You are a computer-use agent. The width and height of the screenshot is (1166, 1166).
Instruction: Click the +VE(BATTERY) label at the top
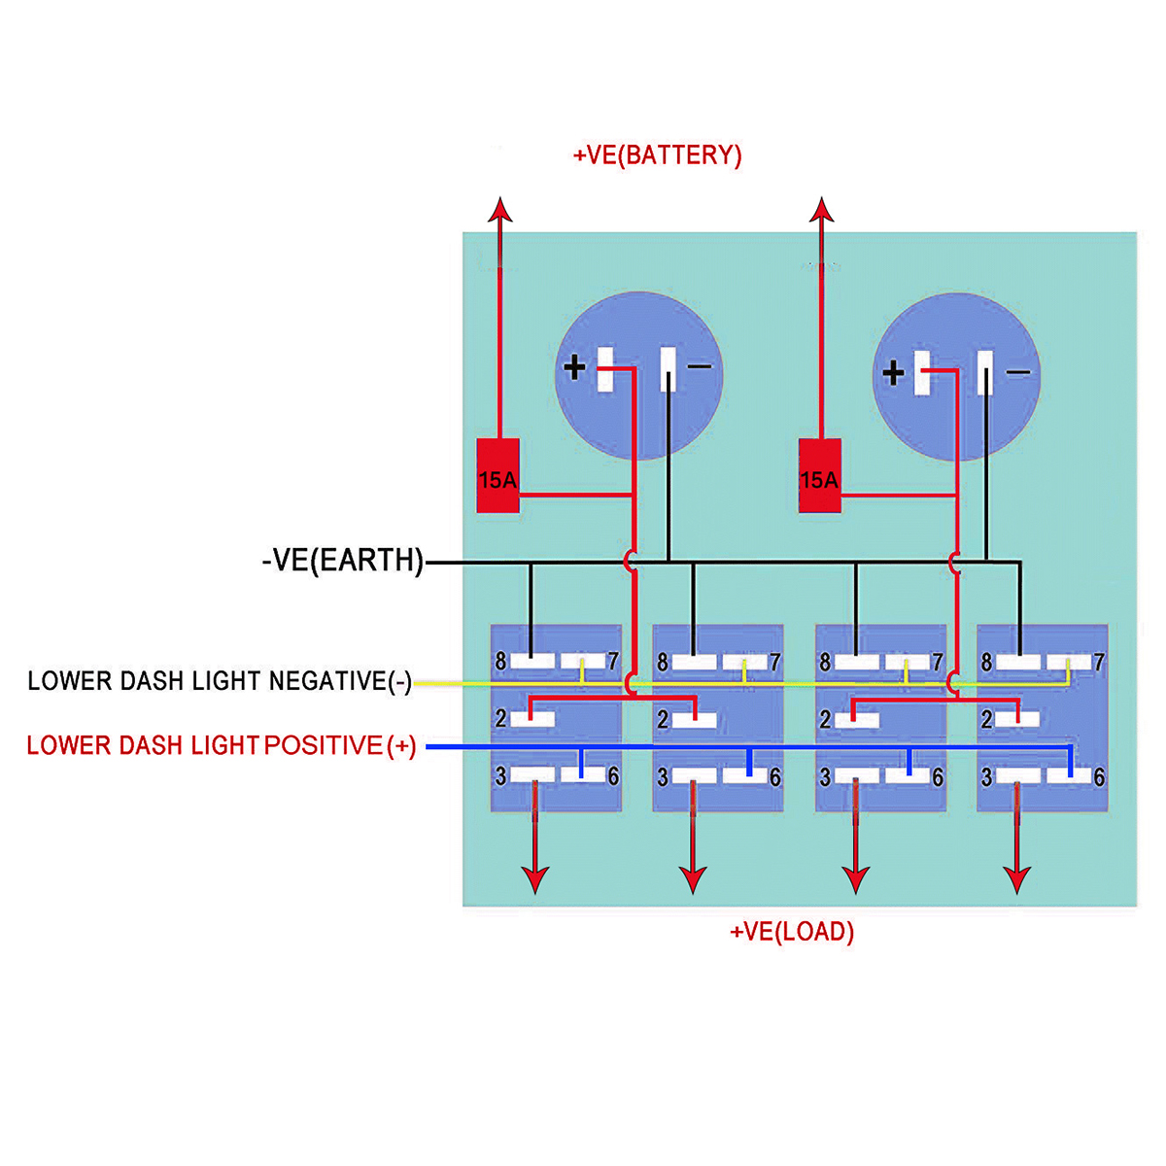coord(658,155)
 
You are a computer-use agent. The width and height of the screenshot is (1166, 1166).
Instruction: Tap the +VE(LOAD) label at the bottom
coord(792,932)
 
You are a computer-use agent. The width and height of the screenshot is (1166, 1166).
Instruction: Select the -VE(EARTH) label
coord(343,561)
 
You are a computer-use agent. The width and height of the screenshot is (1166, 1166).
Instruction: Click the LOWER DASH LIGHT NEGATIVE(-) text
coord(220,681)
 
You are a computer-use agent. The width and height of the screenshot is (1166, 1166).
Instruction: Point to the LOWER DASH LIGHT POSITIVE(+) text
coord(222,745)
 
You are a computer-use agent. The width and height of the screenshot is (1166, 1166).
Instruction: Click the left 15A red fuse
coord(497,475)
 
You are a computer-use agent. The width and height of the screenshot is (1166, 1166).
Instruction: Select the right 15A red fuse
coord(819,475)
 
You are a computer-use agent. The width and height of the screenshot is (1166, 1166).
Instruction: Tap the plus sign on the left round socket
coord(575,367)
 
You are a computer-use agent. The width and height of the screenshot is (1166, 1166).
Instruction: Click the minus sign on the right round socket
coord(1017,372)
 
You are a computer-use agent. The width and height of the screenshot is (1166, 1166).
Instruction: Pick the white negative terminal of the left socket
coord(669,368)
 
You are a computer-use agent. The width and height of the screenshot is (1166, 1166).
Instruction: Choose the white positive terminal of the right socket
coord(923,372)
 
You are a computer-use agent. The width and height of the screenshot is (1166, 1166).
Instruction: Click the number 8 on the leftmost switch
coord(500,662)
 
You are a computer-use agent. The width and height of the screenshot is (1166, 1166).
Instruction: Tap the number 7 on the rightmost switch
coord(1099,663)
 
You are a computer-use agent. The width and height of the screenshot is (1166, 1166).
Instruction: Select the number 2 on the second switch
coord(663,720)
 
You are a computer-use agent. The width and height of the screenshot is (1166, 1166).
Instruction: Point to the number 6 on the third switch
coord(938,777)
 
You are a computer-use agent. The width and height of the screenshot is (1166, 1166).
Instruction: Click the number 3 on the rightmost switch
coord(987,777)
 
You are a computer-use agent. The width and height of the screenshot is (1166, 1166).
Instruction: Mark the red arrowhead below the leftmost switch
coord(534,879)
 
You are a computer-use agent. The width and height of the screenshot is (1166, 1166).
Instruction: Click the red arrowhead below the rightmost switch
coord(1017,879)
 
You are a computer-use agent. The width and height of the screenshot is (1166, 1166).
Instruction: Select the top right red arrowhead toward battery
coord(822,211)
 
